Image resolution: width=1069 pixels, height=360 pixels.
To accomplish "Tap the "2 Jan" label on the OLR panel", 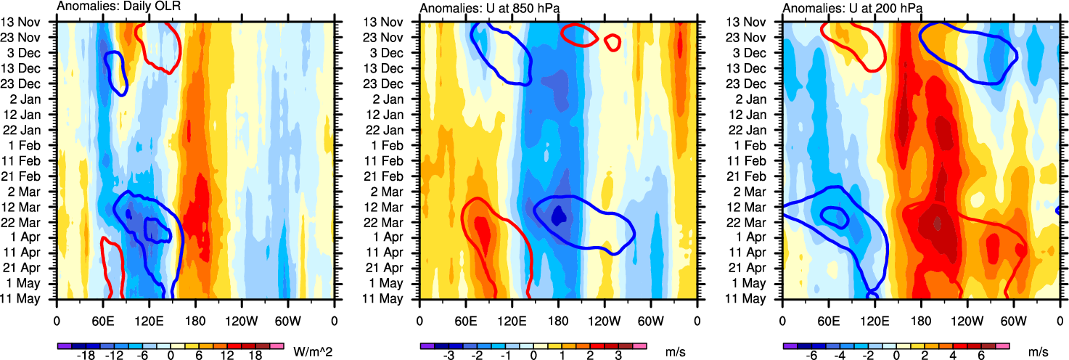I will pyautogui.click(x=33, y=99).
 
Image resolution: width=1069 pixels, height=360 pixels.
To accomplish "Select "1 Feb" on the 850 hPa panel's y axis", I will pyautogui.click(x=397, y=145).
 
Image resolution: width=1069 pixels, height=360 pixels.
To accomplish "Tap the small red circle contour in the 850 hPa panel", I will pyautogui.click(x=613, y=42).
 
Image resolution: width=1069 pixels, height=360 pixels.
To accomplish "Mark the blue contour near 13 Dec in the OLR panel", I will pyautogui.click(x=116, y=73).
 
